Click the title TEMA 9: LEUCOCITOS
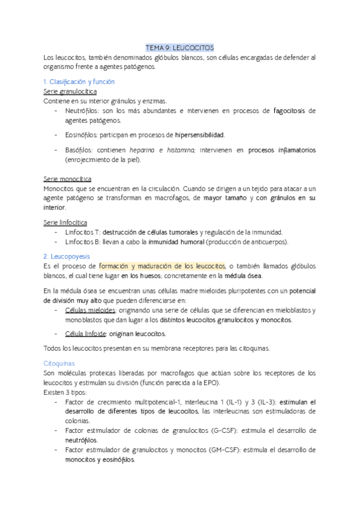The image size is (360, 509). click(180, 48)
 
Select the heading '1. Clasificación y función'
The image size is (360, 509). click(79, 82)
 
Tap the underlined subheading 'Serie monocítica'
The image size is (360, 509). click(67, 179)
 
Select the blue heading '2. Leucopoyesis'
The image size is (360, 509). click(68, 256)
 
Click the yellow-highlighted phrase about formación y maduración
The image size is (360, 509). click(162, 266)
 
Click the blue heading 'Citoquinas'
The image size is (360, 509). click(59, 363)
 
